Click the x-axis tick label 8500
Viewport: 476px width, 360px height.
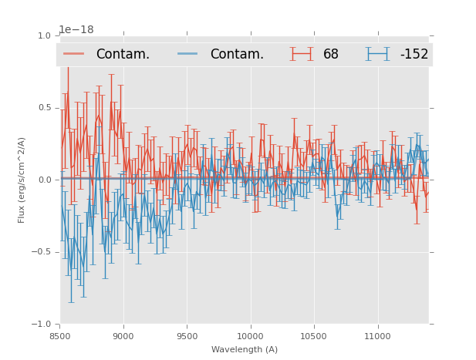[59, 335]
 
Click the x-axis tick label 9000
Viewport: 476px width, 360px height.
[123, 335]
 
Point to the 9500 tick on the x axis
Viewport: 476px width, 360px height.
[187, 335]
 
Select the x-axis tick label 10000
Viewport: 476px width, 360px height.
[250, 335]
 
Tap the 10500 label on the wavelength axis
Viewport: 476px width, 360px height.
[314, 335]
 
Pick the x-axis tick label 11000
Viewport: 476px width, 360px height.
[377, 335]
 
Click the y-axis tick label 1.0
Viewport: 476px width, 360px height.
[43, 35]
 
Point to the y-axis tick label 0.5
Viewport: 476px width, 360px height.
[43, 108]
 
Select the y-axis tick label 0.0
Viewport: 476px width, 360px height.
[43, 180]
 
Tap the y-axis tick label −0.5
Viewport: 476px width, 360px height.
[41, 252]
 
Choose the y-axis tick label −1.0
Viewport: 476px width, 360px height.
[41, 324]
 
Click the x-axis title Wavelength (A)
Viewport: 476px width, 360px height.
[245, 349]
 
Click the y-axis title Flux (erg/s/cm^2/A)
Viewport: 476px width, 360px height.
[22, 180]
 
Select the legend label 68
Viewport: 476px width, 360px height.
[331, 54]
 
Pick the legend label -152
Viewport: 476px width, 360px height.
[414, 54]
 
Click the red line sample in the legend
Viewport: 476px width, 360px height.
[75, 54]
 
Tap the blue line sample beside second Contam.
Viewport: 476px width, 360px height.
[189, 54]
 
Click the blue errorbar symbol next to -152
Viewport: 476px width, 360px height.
[378, 54]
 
